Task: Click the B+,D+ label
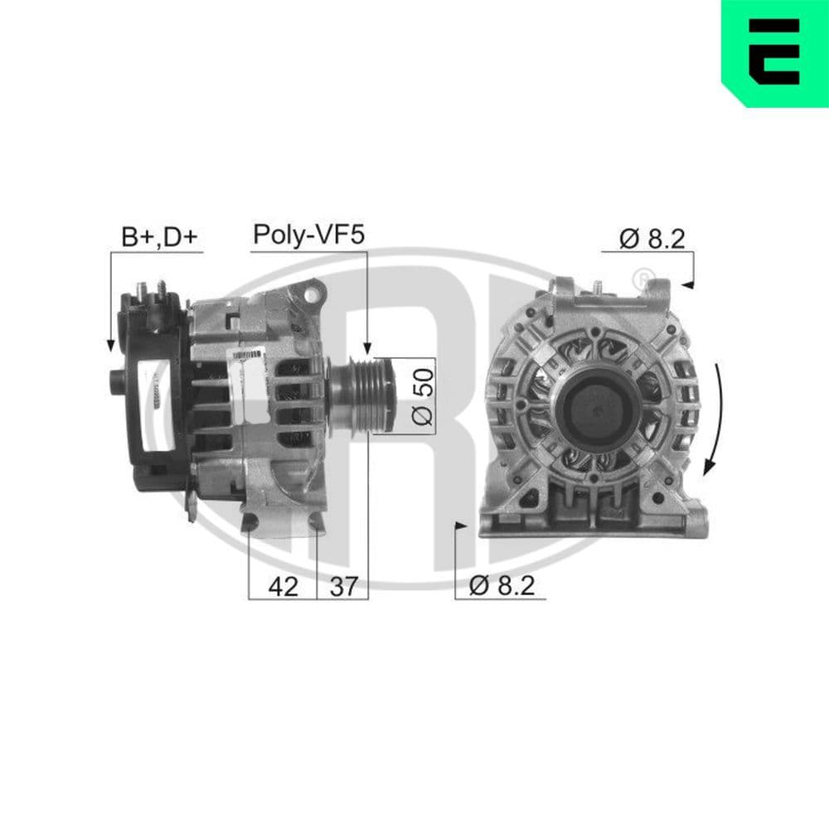click(x=160, y=236)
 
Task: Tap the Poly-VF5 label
click(x=308, y=235)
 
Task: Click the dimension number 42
click(x=283, y=586)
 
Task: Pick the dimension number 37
click(x=342, y=586)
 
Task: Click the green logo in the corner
click(x=774, y=53)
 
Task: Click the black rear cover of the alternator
click(x=153, y=390)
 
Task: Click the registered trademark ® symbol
click(x=641, y=278)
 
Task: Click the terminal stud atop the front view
click(x=597, y=287)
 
